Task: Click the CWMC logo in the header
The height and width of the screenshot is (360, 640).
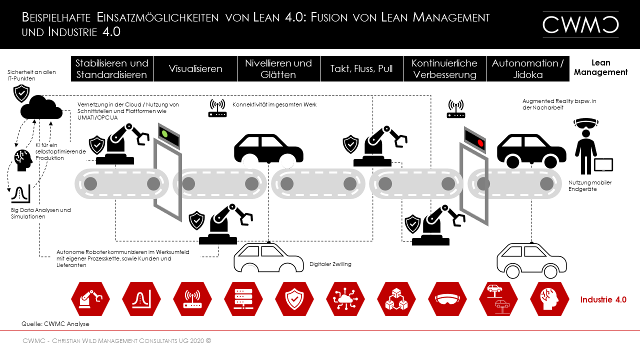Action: click(x=580, y=24)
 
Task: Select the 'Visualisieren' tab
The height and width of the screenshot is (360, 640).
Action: click(x=195, y=68)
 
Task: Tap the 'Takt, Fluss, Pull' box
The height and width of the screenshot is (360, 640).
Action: click(x=361, y=68)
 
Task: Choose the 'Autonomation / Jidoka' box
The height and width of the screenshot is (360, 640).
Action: click(x=527, y=68)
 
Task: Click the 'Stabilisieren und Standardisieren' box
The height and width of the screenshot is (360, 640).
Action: click(x=112, y=68)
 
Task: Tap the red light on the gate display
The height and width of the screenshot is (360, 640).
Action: click(x=481, y=142)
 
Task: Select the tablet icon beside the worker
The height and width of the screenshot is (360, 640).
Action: click(x=603, y=165)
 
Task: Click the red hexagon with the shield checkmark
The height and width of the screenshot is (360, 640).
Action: click(x=294, y=299)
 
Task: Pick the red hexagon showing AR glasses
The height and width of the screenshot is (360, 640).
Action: click(x=447, y=299)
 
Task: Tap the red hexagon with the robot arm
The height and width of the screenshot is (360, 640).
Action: click(x=90, y=299)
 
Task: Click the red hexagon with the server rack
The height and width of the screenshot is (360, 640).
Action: click(x=243, y=299)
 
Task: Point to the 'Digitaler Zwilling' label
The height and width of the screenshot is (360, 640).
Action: click(x=330, y=264)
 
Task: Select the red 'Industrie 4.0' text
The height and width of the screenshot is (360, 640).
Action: click(x=603, y=299)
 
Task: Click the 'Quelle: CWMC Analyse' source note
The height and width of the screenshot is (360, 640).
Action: click(x=55, y=324)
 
